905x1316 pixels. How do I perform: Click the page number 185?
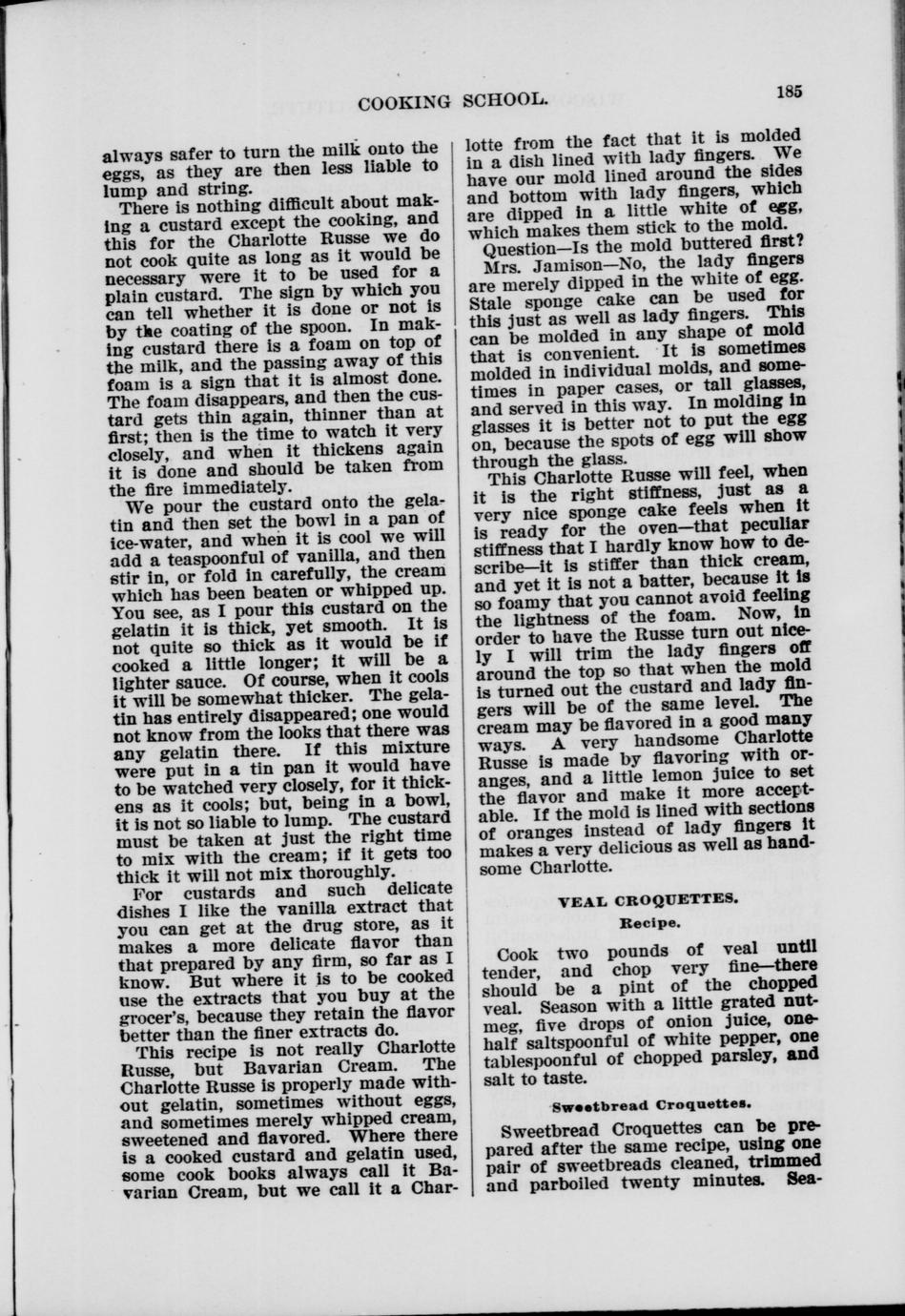(x=790, y=92)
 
